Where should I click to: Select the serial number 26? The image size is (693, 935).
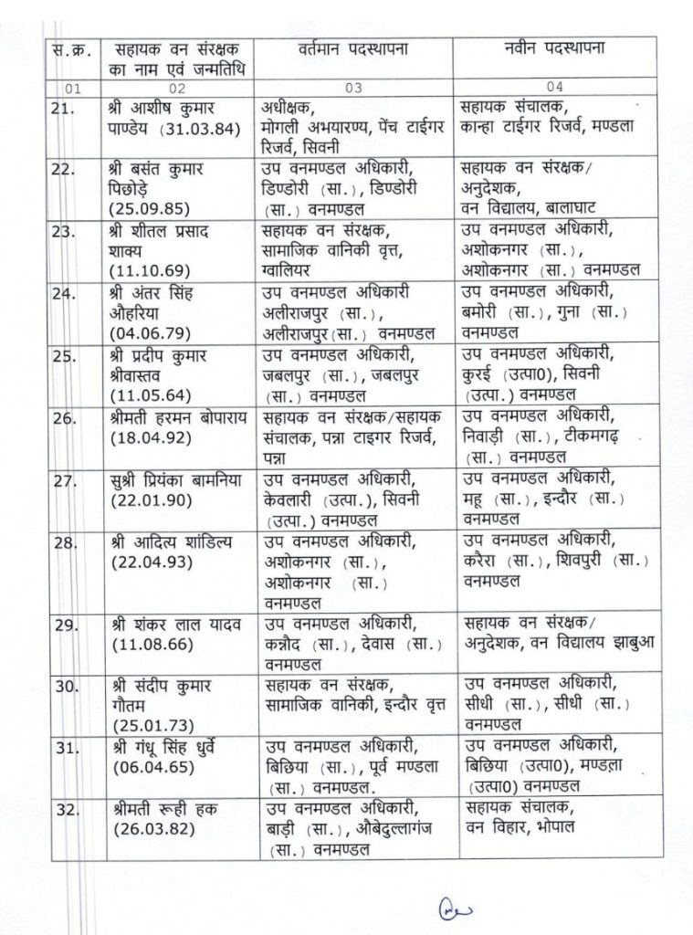63,415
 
